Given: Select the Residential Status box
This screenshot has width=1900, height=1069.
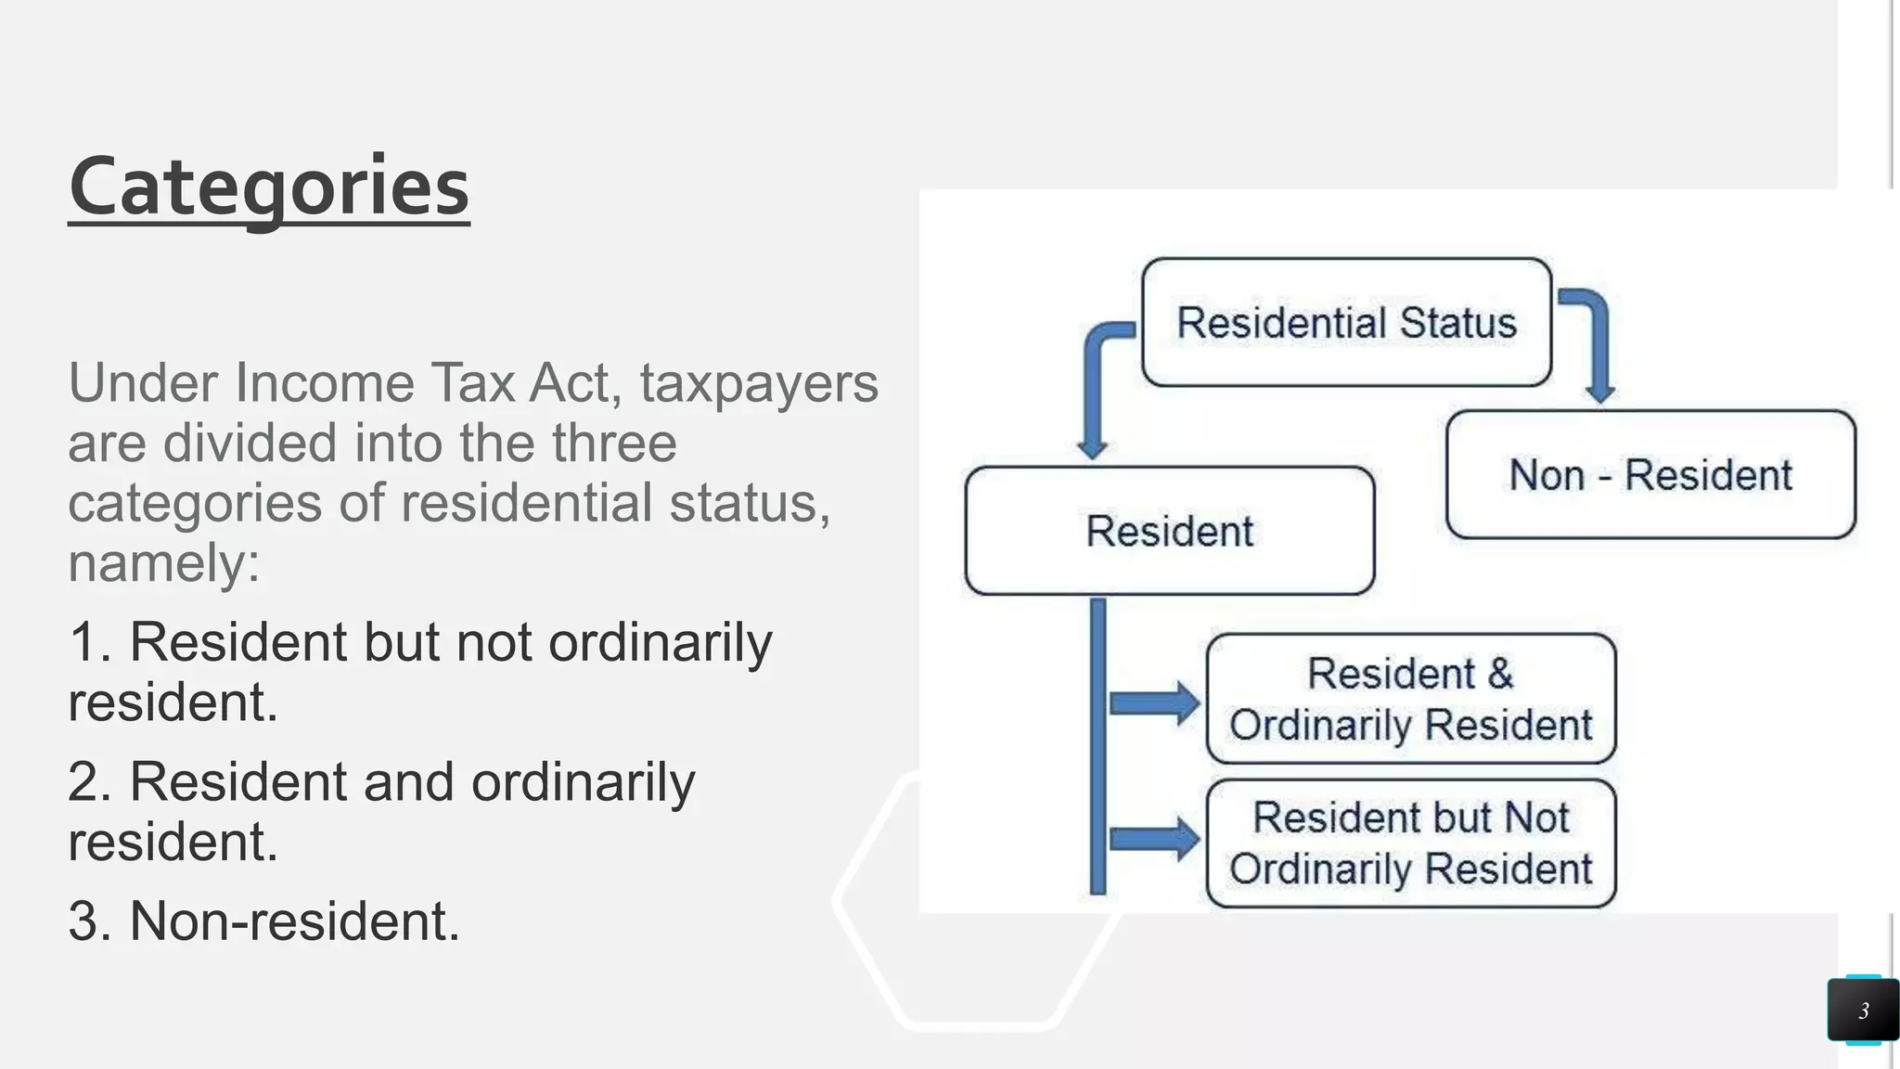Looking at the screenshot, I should (x=1346, y=323).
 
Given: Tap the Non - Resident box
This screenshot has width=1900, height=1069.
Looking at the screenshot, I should (x=1650, y=475).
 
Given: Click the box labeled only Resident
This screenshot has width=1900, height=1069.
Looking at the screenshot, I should (x=1169, y=531).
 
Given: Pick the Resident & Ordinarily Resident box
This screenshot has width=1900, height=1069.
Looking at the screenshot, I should (x=1410, y=699).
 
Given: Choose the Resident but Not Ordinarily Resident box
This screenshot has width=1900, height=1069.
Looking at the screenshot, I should (x=1410, y=844).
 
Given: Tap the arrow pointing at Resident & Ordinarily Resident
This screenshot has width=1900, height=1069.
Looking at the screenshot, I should (x=1154, y=702).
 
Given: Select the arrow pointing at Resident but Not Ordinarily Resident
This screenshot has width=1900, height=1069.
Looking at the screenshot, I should (x=1154, y=840).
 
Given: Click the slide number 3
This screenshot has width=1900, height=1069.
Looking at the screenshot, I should (x=1863, y=1011).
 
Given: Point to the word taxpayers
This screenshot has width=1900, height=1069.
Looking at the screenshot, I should (x=758, y=384).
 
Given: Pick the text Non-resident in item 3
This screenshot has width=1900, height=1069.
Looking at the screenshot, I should (x=293, y=921).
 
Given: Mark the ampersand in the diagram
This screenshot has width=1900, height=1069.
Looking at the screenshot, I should (x=1499, y=674).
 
